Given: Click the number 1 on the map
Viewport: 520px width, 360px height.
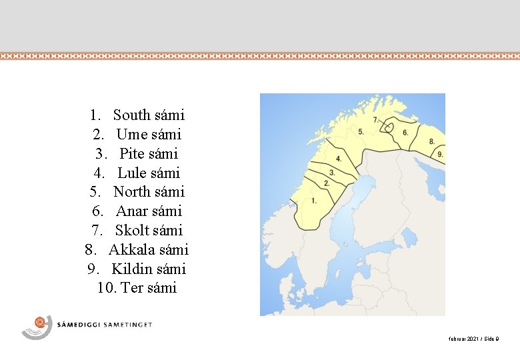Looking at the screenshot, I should tap(313, 200).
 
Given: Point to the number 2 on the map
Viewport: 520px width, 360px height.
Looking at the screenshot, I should tap(326, 183).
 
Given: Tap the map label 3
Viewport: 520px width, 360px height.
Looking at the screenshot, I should tap(331, 173).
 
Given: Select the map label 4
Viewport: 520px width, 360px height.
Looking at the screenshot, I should tap(339, 159).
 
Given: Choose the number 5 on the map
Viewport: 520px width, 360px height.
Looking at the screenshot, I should tap(361, 132).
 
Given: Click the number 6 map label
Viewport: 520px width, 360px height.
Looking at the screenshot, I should tap(405, 133).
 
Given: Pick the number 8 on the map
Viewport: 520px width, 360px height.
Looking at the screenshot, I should tap(431, 141).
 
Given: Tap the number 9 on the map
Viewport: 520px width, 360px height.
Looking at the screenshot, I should tap(440, 154).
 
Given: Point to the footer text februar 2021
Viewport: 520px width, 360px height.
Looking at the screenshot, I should tap(463, 339).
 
